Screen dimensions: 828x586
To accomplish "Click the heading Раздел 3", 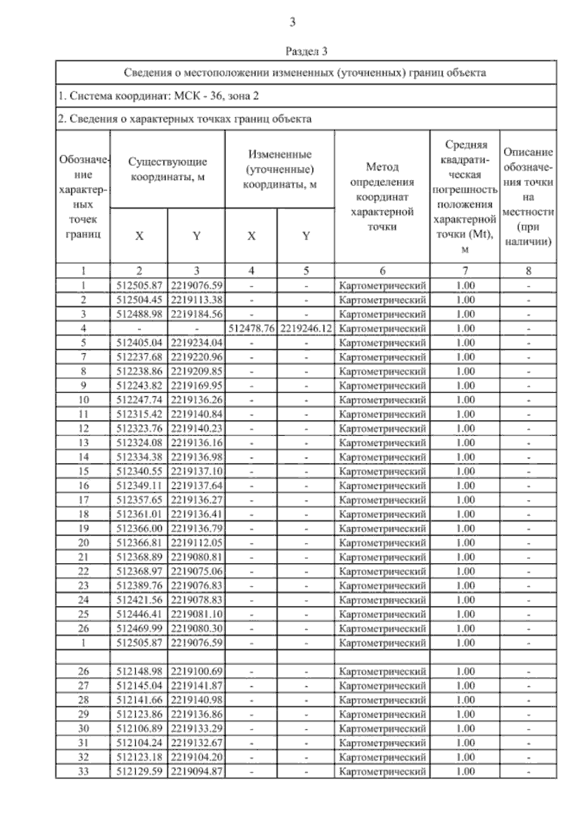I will [306, 51].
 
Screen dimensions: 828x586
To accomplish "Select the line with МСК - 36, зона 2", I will [158, 96].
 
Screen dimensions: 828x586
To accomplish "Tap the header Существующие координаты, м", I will [167, 169].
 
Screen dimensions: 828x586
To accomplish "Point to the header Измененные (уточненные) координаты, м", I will [280, 169].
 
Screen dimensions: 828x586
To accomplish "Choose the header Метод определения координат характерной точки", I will [382, 197].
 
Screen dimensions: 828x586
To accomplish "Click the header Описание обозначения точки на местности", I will [528, 197].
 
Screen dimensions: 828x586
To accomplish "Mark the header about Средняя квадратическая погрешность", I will [465, 197].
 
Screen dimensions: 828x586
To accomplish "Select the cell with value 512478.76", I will [251, 328].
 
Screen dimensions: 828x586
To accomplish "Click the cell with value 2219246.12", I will [306, 328].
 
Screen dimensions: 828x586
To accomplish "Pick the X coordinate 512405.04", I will [139, 343].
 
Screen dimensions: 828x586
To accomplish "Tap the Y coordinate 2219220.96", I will [196, 357].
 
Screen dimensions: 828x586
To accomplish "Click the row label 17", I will [84, 500].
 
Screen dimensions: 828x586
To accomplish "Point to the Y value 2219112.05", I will [196, 543].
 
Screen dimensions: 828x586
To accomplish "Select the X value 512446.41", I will [139, 614].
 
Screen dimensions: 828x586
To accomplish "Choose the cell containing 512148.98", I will [139, 671].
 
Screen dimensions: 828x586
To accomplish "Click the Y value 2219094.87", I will [196, 771].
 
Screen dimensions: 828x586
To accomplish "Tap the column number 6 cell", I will [382, 271].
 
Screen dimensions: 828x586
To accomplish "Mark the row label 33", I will [84, 771].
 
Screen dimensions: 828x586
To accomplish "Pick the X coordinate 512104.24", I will [139, 743].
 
